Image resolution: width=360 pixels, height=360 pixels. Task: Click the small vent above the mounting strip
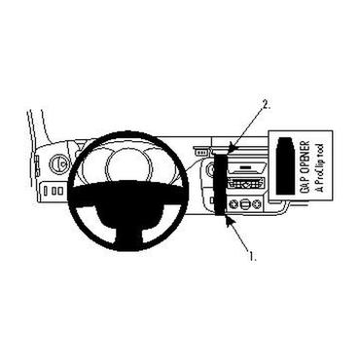(202, 152)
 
